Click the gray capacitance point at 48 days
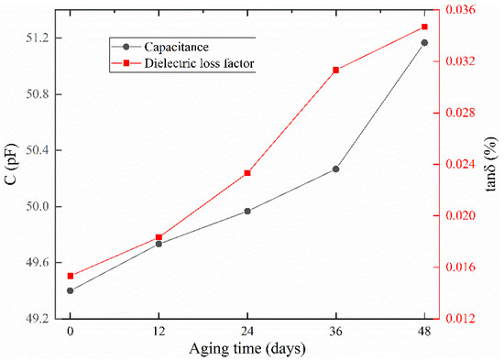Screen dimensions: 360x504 tap(424, 42)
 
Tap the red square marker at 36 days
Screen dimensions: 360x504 tap(336, 70)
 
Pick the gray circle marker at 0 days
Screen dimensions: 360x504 tap(70, 290)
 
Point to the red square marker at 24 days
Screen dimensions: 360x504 tap(247, 173)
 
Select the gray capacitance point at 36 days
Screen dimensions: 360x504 tap(336, 169)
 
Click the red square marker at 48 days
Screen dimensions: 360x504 tap(424, 27)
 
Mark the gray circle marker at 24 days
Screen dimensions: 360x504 tap(247, 211)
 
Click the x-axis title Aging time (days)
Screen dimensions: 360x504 tap(247, 349)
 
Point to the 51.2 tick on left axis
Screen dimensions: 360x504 tap(37, 38)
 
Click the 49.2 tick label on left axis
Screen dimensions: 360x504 tap(37, 319)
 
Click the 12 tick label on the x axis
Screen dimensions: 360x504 tap(159, 331)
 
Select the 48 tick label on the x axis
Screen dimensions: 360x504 tap(424, 331)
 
